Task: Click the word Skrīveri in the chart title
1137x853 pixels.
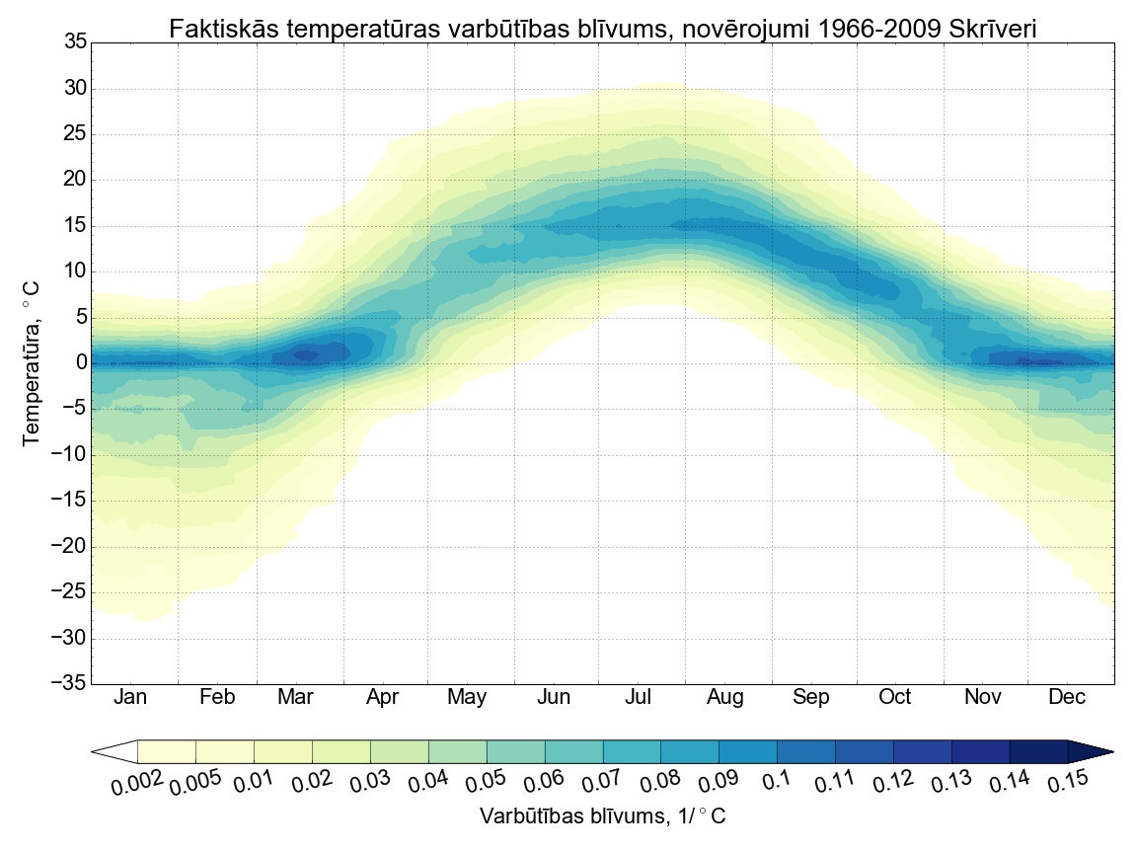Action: [x=993, y=30]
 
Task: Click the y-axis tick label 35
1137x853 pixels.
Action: [x=75, y=41]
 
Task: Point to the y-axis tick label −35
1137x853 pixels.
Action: [x=68, y=684]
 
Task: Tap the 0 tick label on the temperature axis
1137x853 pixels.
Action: [x=81, y=363]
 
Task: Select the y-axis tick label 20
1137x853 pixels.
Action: [x=75, y=180]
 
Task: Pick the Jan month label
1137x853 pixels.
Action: [x=130, y=697]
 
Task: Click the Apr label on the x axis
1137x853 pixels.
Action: [x=382, y=697]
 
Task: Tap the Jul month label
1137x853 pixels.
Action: [x=638, y=697]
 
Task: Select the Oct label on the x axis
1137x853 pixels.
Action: [x=894, y=697]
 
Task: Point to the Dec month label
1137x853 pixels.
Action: [x=1067, y=697]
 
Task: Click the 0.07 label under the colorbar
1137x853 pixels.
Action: [x=604, y=784]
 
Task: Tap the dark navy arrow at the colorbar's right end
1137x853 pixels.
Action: [x=1091, y=752]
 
